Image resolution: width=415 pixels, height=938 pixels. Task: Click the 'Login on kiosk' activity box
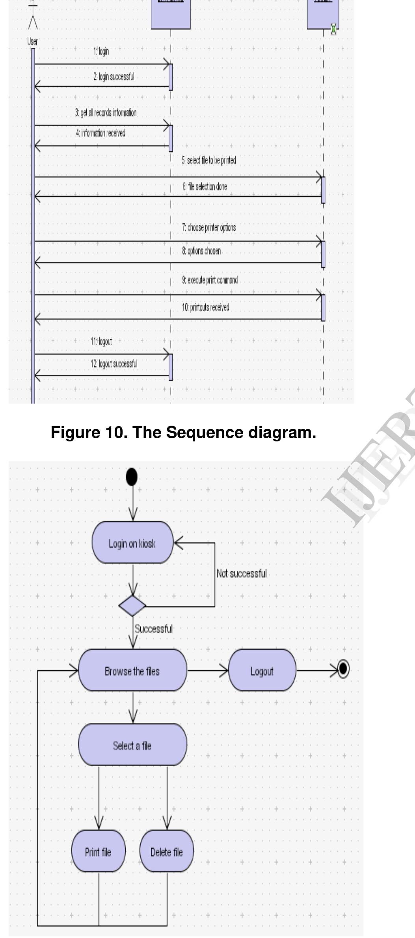[x=132, y=543]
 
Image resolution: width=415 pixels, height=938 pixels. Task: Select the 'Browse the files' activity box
[x=132, y=671]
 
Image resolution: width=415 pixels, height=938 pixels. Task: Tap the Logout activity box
[x=262, y=671]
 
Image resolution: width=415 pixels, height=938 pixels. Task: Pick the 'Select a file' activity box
[x=132, y=745]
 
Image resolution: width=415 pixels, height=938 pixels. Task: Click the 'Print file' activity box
[x=98, y=852]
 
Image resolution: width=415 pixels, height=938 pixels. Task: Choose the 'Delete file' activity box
[x=166, y=852]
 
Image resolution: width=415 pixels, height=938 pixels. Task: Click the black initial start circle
[x=132, y=477]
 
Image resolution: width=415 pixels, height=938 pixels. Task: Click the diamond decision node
[x=132, y=606]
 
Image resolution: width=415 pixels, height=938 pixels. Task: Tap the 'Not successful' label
[x=242, y=573]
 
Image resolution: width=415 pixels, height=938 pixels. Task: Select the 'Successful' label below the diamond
[x=154, y=629]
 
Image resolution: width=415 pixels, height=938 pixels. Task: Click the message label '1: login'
[x=101, y=51]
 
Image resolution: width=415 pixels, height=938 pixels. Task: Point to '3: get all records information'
[x=106, y=113]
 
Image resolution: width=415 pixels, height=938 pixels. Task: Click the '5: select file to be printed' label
[x=209, y=160]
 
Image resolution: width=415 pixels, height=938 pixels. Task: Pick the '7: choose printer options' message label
[x=209, y=227]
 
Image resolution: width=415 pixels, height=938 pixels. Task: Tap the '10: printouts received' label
[x=205, y=307]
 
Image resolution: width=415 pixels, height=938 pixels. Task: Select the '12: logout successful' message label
[x=114, y=364]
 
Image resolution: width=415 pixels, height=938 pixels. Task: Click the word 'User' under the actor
[x=33, y=41]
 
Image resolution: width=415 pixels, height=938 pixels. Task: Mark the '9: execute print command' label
[x=210, y=280]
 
